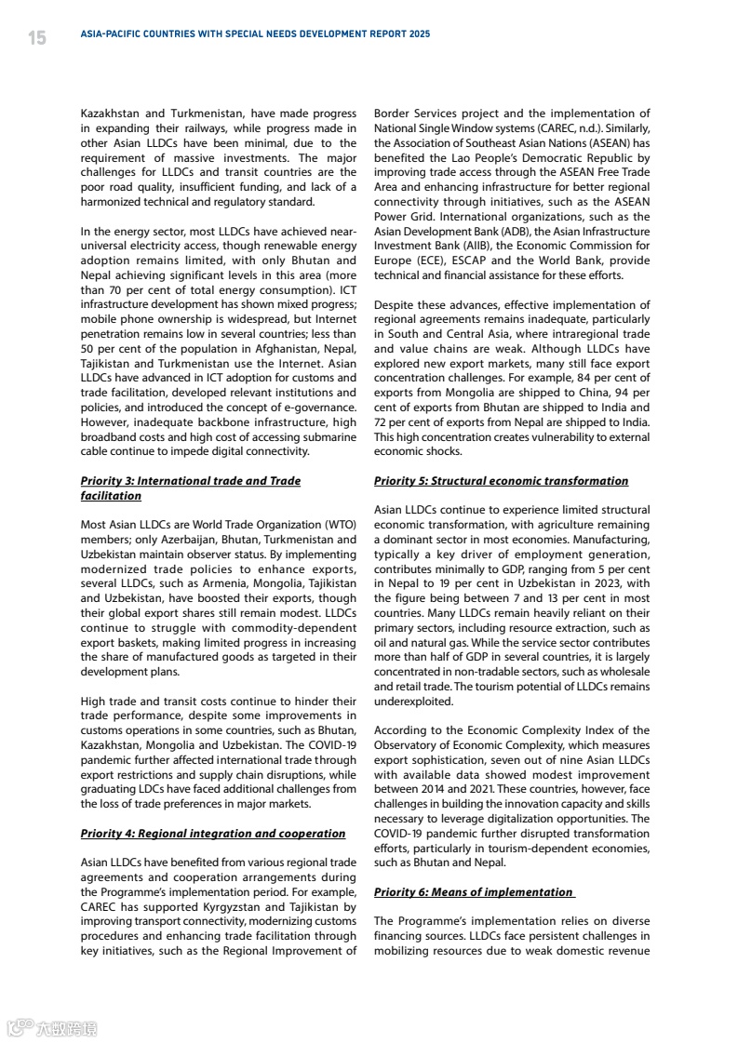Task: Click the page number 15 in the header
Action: [37, 37]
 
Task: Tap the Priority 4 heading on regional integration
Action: [213, 834]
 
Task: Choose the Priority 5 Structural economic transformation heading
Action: [501, 481]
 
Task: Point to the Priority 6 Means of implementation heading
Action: [474, 892]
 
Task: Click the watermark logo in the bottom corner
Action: [51, 1028]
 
